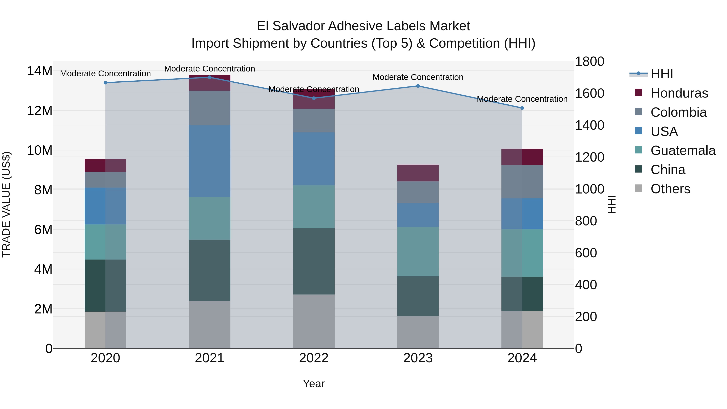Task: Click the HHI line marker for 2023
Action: point(418,86)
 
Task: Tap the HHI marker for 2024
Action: point(522,108)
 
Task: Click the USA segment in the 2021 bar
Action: point(209,161)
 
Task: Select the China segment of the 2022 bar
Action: point(314,261)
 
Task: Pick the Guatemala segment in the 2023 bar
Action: point(418,251)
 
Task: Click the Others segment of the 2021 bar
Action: point(209,325)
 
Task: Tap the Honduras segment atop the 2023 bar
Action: point(418,173)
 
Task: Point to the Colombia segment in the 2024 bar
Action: point(522,182)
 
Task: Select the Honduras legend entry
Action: point(679,93)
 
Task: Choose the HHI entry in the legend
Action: point(662,74)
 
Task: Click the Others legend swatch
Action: point(638,188)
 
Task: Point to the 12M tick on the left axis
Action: point(40,111)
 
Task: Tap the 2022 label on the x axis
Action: point(314,358)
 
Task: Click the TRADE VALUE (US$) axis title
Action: point(6,204)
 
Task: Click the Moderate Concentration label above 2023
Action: point(418,77)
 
